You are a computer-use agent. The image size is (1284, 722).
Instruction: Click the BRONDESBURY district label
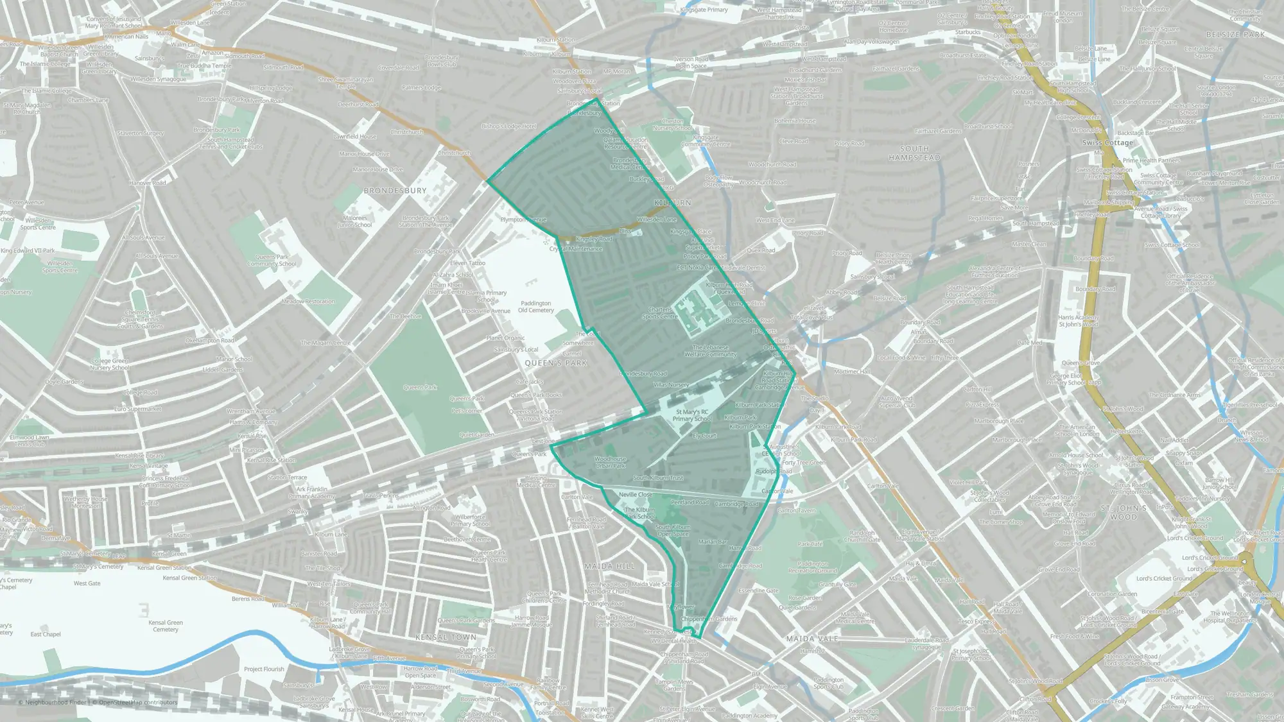coord(395,191)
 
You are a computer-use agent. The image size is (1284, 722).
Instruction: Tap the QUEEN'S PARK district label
coord(556,363)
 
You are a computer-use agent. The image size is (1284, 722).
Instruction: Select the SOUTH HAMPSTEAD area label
coord(914,153)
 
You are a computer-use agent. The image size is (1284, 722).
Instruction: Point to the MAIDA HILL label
coord(609,566)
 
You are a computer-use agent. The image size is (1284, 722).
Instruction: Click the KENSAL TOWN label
coord(446,637)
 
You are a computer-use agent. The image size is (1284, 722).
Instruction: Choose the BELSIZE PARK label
coord(1235,35)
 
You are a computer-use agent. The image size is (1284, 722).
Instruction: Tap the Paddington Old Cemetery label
coord(536,307)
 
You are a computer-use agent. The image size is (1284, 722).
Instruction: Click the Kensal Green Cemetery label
coord(166,626)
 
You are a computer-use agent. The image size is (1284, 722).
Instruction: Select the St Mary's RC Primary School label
coord(691,415)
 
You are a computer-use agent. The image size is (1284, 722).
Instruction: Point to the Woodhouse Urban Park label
coord(610,462)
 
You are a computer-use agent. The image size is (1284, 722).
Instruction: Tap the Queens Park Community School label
coord(272,260)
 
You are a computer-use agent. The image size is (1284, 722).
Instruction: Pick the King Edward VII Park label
coord(28,251)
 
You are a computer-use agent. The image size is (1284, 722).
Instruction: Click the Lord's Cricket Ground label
coord(1164,578)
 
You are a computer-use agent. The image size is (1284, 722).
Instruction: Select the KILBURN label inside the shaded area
coord(672,203)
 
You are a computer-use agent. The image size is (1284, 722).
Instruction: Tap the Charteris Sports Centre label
coord(660,313)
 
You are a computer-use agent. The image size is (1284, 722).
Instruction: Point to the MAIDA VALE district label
coord(812,639)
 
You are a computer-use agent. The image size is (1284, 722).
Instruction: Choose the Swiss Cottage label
coord(1107,142)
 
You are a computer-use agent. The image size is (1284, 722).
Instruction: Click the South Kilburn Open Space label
coord(672,530)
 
